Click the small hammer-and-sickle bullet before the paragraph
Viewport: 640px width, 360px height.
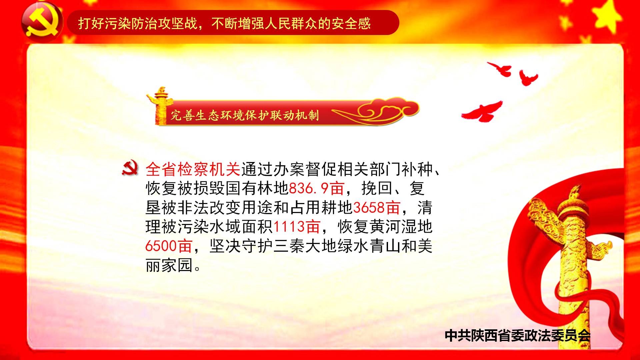click(x=130, y=168)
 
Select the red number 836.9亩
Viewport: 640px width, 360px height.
click(x=316, y=188)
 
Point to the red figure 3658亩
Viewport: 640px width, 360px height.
click(x=376, y=207)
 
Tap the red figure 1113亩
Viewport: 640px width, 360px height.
click(x=296, y=227)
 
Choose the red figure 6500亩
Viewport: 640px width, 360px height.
click(x=169, y=246)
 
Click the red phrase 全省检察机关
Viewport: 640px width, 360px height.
click(x=193, y=169)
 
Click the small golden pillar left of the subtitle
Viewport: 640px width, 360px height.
click(x=160, y=106)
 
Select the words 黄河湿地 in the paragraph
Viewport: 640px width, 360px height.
click(x=401, y=227)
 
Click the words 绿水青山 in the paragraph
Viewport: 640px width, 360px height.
click(x=369, y=246)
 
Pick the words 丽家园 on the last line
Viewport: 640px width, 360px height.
click(x=169, y=265)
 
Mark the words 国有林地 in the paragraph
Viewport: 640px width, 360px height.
click(x=257, y=188)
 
